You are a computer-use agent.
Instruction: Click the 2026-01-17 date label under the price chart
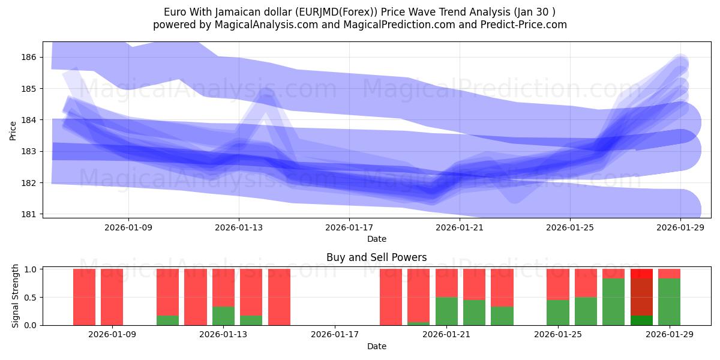tap(349, 227)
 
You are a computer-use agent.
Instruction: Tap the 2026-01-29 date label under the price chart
tap(680, 227)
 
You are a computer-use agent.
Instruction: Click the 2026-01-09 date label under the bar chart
tap(112, 334)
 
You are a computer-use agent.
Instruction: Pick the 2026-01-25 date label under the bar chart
tap(559, 334)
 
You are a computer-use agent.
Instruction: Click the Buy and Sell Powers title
tap(376, 257)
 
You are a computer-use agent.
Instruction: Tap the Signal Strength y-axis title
tap(16, 296)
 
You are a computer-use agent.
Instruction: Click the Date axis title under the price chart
tap(376, 239)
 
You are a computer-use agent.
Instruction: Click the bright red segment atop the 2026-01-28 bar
tap(641, 273)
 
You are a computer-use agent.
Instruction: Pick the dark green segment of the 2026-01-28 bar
tap(641, 320)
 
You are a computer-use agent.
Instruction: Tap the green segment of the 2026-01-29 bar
tap(669, 302)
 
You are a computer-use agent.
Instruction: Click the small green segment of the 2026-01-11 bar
tap(167, 320)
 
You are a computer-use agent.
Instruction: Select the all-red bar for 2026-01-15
tap(279, 297)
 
